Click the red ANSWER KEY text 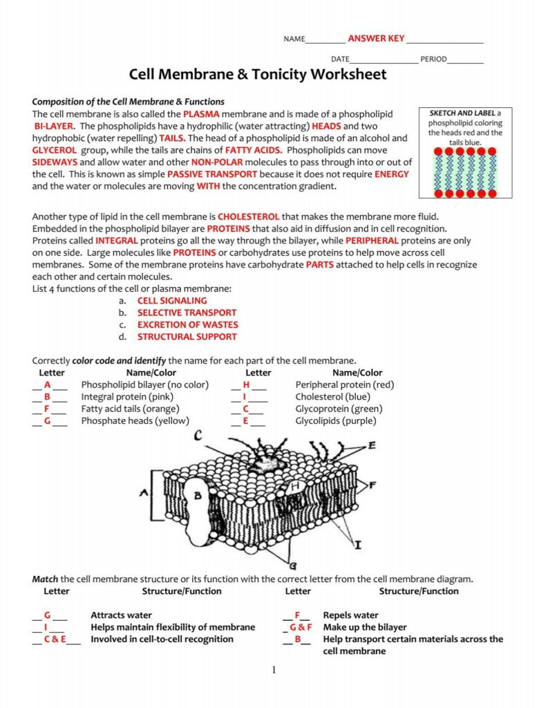[376, 38]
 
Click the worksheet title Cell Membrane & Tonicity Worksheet [258, 75]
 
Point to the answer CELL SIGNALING [171, 301]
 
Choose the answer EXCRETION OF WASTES [187, 324]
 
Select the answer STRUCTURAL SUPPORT [187, 337]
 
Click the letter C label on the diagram [198, 436]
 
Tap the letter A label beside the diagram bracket [144, 493]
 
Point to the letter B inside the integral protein [197, 496]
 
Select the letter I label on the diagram [357, 545]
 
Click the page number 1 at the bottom [274, 670]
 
